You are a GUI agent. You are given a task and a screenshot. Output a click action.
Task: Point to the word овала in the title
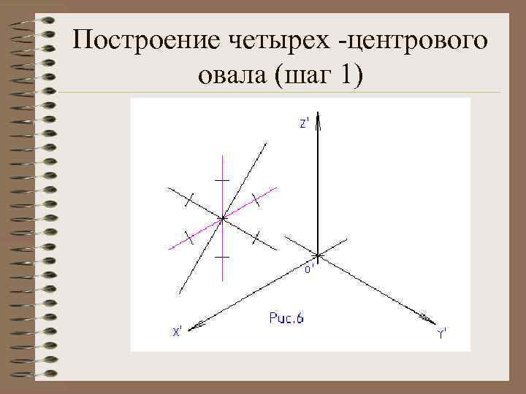coord(233,75)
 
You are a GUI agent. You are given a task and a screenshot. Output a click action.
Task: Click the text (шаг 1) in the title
coord(319,75)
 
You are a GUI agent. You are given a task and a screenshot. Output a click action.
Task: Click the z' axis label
coord(305,124)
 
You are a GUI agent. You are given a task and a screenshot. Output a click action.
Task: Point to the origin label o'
coord(309,269)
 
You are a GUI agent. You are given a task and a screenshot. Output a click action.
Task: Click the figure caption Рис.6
coord(286,318)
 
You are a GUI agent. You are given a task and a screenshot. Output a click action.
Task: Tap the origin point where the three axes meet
coord(319,255)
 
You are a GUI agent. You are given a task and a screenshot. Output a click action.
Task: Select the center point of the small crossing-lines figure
coord(223,217)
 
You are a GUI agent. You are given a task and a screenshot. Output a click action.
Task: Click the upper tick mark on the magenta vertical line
coord(223,179)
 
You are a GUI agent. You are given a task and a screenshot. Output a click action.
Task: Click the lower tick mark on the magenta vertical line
coord(223,258)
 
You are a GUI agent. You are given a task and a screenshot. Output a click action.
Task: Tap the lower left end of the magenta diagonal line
coord(169,249)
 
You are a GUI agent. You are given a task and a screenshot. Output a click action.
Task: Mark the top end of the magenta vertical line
coord(223,155)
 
